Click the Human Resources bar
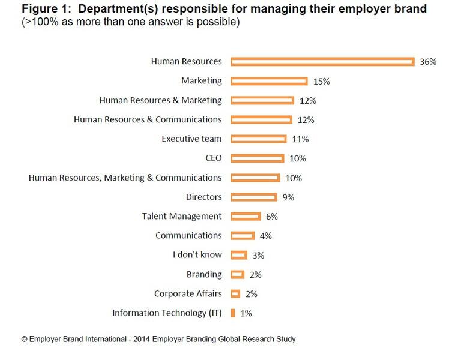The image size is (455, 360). [322, 61]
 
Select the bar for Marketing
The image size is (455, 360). [269, 80]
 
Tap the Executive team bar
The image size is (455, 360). [258, 139]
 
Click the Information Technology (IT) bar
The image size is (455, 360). [232, 313]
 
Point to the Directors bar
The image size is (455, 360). [253, 197]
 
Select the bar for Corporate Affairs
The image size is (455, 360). [235, 293]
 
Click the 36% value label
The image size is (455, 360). [429, 62]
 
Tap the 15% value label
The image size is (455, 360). [321, 81]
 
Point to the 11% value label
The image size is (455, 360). [300, 139]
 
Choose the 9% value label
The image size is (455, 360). [288, 197]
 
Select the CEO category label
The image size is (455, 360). [213, 158]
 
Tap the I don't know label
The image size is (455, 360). [197, 255]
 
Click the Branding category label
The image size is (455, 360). [205, 274]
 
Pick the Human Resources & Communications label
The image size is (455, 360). [148, 119]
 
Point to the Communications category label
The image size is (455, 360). [188, 235]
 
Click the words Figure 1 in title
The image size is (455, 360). [41, 9]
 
